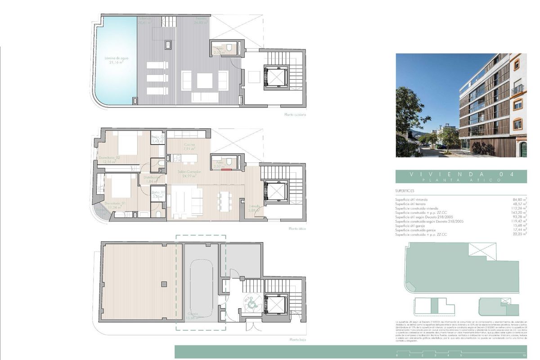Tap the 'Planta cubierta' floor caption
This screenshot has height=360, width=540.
coord(295,115)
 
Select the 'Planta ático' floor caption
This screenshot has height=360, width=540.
coord(297,229)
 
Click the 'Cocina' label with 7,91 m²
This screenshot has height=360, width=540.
coord(189,146)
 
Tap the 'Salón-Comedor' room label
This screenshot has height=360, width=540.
coord(189,174)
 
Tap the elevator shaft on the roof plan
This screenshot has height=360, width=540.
coord(275,75)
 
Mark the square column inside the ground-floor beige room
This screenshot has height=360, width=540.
coord(164,283)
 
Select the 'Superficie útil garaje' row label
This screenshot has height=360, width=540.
coord(414,226)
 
